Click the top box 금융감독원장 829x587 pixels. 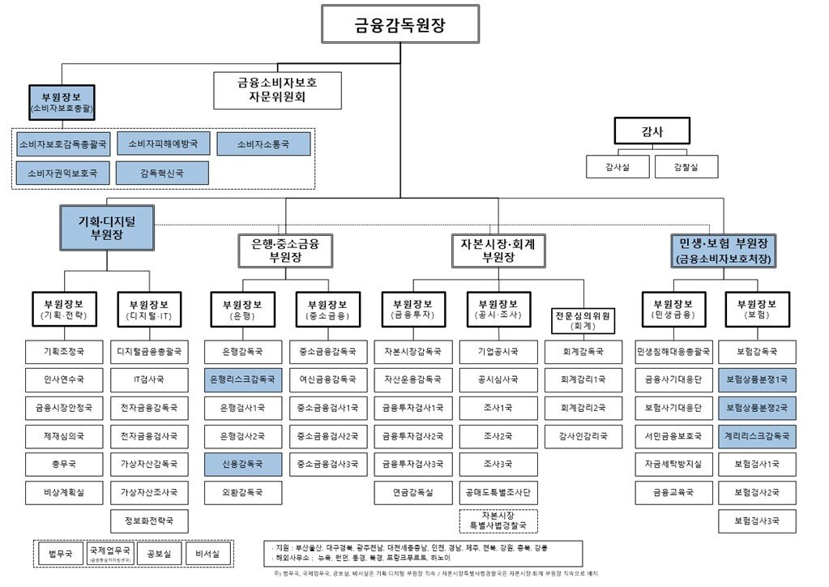point(400,24)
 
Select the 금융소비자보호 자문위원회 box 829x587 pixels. point(277,91)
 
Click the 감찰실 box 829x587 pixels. point(686,166)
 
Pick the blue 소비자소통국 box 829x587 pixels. point(263,144)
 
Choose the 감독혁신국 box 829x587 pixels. point(162,173)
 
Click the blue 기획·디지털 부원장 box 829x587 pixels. point(106,228)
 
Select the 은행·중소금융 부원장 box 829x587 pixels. point(285,251)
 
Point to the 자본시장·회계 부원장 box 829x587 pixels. point(498,251)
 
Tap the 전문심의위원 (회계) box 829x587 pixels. point(583,320)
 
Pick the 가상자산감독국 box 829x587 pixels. point(149,464)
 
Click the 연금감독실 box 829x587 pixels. point(413,492)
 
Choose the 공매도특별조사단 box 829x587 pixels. point(498,492)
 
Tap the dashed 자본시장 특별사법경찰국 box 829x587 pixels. point(498,521)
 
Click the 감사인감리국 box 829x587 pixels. point(583,435)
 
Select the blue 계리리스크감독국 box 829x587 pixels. point(757,435)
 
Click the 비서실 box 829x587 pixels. point(208,554)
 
